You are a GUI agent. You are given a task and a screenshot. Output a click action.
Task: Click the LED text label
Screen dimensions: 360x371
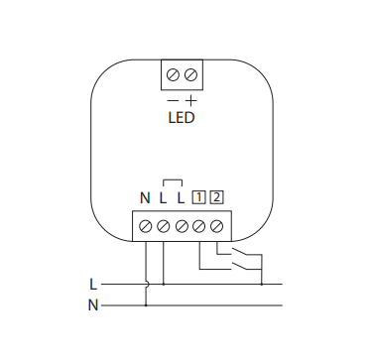point(180,118)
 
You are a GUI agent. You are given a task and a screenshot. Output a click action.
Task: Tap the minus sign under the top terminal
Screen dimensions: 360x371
point(172,100)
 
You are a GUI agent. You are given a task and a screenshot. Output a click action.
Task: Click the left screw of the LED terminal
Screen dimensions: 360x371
point(172,74)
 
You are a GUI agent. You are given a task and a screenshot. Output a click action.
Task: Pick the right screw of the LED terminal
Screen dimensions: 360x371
point(189,74)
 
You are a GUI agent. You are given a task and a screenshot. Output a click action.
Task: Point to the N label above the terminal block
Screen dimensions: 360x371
point(145,196)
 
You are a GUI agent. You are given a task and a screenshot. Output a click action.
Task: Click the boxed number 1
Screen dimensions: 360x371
point(199,196)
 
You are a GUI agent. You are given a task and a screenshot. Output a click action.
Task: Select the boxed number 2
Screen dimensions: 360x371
point(217,196)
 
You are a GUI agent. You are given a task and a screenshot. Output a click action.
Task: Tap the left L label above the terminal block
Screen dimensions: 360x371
point(163,196)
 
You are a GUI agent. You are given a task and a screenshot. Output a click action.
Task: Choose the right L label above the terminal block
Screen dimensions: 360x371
point(181,196)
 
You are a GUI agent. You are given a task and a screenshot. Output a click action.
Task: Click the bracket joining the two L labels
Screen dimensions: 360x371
point(172,180)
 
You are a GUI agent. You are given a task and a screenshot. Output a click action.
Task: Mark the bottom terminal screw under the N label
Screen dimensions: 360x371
point(146,226)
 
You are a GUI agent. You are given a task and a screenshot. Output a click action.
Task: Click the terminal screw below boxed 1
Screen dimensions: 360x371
point(199,226)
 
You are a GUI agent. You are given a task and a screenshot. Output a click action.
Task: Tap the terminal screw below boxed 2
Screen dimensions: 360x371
point(217,226)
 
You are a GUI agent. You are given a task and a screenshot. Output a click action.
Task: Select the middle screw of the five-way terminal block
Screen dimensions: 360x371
point(182,226)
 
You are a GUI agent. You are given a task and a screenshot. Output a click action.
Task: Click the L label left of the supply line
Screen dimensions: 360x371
point(92,285)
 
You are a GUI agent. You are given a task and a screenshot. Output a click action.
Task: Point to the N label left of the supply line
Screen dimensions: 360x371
point(92,304)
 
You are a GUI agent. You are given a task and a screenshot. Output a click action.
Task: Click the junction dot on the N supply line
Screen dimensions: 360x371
point(146,304)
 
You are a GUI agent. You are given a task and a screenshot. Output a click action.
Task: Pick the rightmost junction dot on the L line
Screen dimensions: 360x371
point(261,285)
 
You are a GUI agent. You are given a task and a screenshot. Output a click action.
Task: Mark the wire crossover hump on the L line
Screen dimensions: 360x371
point(146,285)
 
